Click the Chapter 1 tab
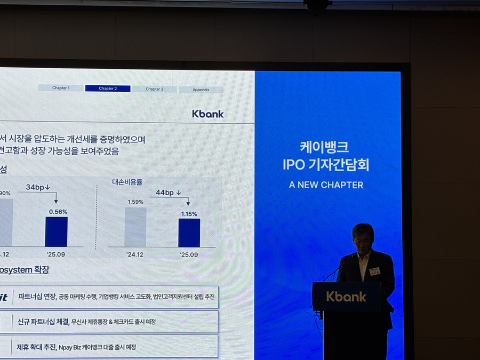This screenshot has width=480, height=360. click(x=61, y=88)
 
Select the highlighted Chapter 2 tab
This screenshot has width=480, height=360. click(x=107, y=89)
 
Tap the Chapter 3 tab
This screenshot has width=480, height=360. click(x=155, y=89)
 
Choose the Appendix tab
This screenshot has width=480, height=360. click(x=201, y=90)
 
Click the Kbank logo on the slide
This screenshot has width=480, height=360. click(x=208, y=114)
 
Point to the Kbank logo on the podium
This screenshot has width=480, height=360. click(x=346, y=297)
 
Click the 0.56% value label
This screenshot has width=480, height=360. click(x=58, y=212)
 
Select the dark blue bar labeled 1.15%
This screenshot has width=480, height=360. click(x=189, y=233)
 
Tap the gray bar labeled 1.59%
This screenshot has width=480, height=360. click(x=135, y=227)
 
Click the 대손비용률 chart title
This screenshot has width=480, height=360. click(x=127, y=182)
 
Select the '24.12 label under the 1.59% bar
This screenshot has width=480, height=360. click(x=135, y=254)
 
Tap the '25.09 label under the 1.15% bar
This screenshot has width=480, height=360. click(x=189, y=254)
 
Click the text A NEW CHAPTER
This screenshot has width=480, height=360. click(x=326, y=185)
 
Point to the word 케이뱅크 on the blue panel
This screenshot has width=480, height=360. click(x=324, y=147)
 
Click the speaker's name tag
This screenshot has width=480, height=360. click(x=374, y=271)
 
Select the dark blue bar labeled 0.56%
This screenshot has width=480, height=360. click(x=56, y=231)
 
